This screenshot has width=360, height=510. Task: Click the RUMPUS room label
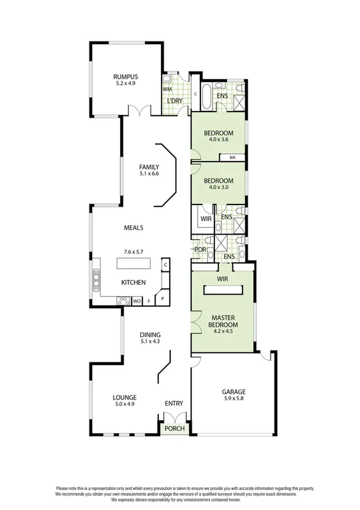pos(125,77)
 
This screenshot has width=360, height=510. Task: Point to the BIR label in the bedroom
pos(232,158)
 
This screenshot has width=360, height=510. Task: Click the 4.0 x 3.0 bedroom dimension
pos(218,188)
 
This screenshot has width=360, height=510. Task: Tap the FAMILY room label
pos(148,166)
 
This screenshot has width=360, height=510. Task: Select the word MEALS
pos(134,227)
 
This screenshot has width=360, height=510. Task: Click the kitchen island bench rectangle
pos(138,264)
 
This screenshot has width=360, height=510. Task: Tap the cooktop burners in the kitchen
pos(122,301)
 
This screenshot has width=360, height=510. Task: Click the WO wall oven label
pos(136,301)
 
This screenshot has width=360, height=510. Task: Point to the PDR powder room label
pos(199,250)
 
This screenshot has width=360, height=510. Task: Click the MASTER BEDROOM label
pos(222,320)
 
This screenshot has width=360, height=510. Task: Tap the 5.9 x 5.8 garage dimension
pos(234,399)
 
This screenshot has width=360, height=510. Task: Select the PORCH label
pos(175,428)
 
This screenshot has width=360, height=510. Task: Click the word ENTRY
pos(174,403)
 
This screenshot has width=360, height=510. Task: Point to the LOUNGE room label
pos(125,397)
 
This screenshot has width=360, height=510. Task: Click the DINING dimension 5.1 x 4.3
pos(150,342)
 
